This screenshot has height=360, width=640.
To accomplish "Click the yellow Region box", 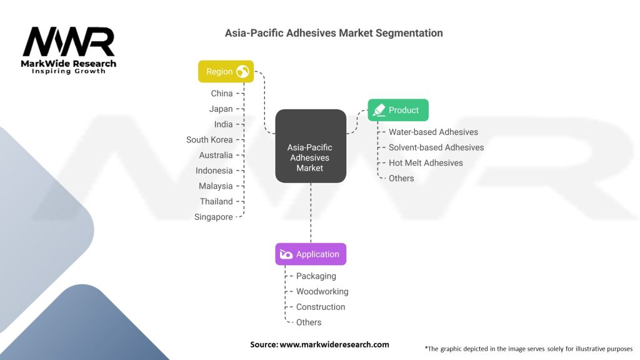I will tap(226, 72).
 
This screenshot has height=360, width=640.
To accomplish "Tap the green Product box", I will tap(397, 110).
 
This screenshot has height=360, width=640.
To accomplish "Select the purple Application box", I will tap(310, 254).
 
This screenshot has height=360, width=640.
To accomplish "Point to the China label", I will tap(222, 94).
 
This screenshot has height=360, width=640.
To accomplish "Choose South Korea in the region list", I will tap(209, 140).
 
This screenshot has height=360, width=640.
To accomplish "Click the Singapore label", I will tap(214, 217).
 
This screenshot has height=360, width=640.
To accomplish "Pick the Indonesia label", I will tap(214, 171).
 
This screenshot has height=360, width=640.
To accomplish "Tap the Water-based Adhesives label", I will tap(433, 132).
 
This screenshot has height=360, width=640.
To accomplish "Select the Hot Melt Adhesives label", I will tap(426, 163).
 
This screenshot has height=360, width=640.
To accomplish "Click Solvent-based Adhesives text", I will tap(436, 147).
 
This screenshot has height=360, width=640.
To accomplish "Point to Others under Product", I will tap(401, 178).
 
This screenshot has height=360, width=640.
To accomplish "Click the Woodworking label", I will tap(322, 292).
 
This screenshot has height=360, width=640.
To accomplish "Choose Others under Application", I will tap(309, 322).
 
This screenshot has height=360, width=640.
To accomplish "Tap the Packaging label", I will tap(316, 276).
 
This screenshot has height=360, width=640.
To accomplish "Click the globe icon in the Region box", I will tap(242, 72).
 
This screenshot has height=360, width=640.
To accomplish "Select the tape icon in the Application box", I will tap(286, 254).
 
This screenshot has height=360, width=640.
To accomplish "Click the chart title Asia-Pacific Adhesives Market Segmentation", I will tap(334, 33).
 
